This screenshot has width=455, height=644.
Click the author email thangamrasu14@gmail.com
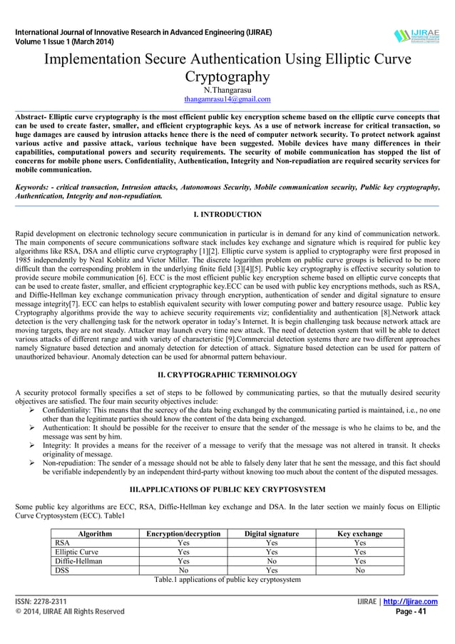click(227, 99)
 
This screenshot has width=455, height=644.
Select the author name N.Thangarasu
click(227, 90)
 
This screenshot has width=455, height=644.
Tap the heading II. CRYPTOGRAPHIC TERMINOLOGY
click(227, 374)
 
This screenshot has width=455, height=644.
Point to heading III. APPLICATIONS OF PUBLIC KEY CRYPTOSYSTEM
click(227, 489)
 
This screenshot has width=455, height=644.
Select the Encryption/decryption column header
click(183, 533)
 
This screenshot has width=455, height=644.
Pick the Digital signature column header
click(271, 533)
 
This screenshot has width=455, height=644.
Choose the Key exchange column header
click(359, 533)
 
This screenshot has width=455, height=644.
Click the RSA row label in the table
click(62, 543)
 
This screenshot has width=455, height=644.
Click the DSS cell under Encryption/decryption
click(183, 571)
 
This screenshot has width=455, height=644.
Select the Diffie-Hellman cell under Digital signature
click(271, 561)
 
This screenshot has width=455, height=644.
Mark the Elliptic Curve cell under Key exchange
click(359, 552)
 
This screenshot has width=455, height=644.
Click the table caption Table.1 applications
click(227, 579)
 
